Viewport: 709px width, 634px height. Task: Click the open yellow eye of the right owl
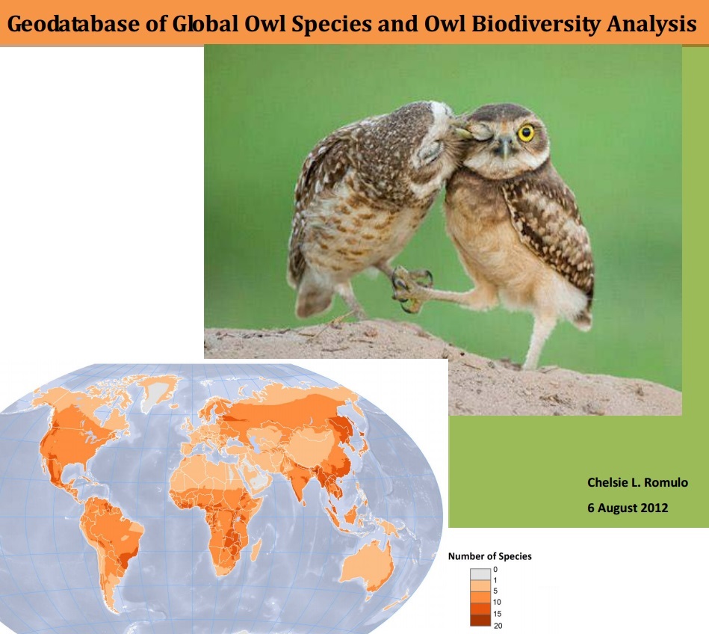click(526, 133)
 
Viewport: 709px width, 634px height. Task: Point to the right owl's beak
click(505, 148)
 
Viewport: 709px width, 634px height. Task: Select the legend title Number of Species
click(489, 556)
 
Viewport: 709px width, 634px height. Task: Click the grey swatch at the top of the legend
click(480, 572)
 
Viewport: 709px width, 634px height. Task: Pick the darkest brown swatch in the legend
click(480, 620)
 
